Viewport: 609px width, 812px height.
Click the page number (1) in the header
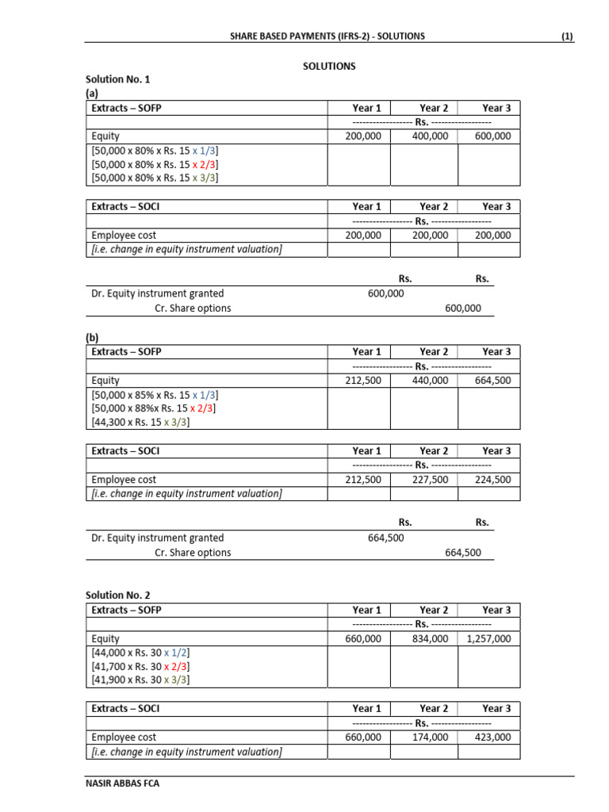coord(567,36)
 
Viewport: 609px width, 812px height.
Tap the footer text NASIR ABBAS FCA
coord(118,783)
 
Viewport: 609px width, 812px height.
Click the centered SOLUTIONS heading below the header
coord(329,66)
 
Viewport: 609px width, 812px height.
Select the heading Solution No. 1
coord(117,79)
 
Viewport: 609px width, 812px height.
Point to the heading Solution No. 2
coord(117,595)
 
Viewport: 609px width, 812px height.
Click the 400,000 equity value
coord(430,136)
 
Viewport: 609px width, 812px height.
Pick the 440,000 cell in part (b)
coord(430,381)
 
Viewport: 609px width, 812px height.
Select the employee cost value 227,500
coord(430,480)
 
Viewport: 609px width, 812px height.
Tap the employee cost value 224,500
coord(493,480)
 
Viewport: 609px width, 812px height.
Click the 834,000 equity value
coord(430,638)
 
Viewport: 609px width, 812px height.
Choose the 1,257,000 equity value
coord(488,638)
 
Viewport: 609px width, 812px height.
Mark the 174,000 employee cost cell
coord(430,737)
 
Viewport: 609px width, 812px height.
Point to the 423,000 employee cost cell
coord(493,737)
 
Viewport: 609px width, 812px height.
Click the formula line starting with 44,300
coord(141,423)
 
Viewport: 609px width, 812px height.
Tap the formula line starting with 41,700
coord(141,666)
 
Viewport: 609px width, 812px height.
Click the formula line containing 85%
coord(155,394)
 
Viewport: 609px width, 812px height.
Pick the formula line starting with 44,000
coord(141,652)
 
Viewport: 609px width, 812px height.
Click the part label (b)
coord(93,337)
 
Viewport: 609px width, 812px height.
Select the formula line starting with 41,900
coord(141,680)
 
